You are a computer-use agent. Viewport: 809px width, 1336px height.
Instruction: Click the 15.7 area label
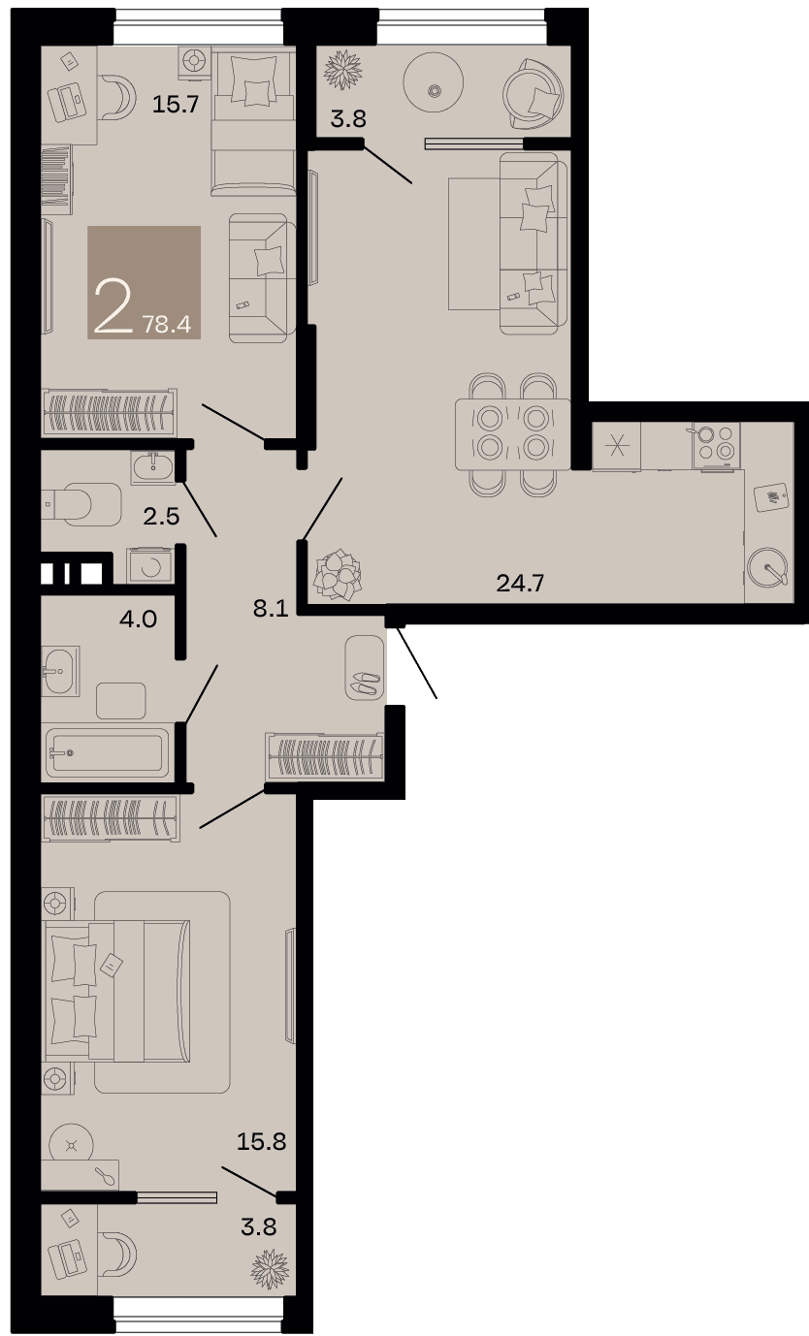(176, 105)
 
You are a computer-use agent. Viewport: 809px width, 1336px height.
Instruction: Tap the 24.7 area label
(520, 583)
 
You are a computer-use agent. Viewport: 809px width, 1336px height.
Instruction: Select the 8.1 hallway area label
(271, 608)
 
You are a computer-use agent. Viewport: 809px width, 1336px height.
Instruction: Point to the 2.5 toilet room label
(161, 516)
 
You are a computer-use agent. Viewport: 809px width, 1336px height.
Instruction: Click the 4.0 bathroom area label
(138, 619)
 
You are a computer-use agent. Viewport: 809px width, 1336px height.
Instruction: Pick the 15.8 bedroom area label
(261, 1141)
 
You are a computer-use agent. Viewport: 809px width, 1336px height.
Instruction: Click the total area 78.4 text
(167, 325)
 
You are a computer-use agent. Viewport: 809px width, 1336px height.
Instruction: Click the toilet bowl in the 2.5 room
(81, 504)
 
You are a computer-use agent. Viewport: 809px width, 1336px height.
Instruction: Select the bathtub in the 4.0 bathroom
(108, 752)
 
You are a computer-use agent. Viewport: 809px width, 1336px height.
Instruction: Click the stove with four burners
(716, 445)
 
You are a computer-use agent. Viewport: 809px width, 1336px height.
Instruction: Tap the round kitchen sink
(768, 566)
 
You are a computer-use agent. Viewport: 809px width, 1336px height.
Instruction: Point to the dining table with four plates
(513, 434)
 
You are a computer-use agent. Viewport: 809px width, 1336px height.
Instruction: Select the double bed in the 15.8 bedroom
(116, 991)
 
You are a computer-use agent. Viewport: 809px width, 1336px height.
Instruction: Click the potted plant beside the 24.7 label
(338, 575)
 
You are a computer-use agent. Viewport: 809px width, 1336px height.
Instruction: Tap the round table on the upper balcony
(434, 81)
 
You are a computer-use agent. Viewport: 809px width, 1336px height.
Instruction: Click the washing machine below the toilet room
(149, 565)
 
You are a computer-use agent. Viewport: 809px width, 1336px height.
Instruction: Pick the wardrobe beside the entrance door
(325, 756)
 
